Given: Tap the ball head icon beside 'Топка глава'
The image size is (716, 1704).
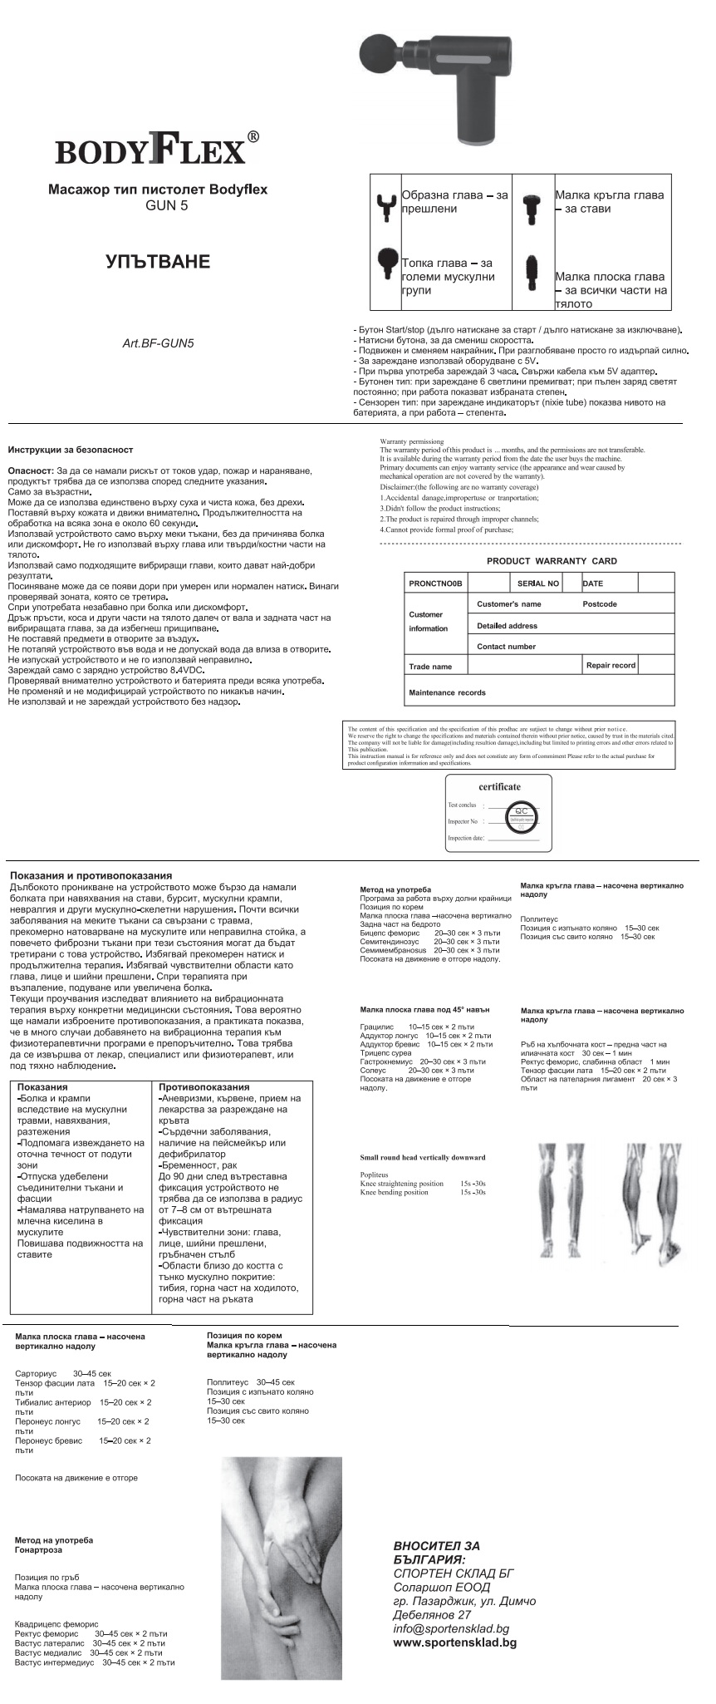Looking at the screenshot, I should click(x=386, y=266).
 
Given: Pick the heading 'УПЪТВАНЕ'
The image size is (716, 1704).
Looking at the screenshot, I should click(x=158, y=263).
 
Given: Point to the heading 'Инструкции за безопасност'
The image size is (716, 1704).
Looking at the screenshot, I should click(x=71, y=450).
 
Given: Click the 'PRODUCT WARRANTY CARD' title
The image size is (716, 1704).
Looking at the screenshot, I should click(x=552, y=561).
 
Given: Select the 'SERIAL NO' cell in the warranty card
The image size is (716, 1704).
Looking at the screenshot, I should click(x=538, y=584).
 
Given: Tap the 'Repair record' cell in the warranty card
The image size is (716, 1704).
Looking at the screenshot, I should click(x=611, y=665).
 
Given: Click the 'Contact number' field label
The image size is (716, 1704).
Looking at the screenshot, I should click(x=506, y=646).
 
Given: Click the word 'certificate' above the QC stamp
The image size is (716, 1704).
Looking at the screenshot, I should click(x=499, y=786).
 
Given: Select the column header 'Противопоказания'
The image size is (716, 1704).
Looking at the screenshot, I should click(x=204, y=1087).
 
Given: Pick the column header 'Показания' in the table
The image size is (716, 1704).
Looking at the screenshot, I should click(x=42, y=1087).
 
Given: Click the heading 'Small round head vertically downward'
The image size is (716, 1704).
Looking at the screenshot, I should click(x=423, y=1157).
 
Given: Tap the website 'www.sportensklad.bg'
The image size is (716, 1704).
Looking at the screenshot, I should click(x=454, y=1642).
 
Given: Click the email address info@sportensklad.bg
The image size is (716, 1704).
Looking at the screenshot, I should click(x=451, y=1629).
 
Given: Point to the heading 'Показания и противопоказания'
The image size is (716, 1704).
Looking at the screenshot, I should click(x=91, y=875).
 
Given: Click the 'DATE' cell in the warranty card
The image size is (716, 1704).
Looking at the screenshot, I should click(x=593, y=584).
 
